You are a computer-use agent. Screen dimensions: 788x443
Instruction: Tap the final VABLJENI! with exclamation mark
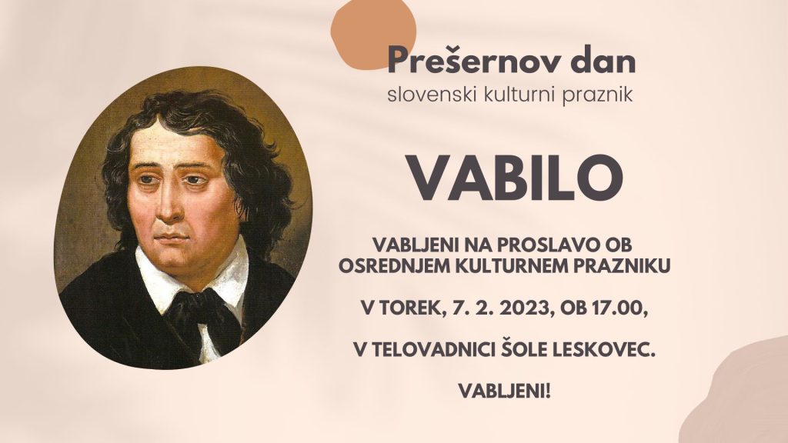[x=505, y=390]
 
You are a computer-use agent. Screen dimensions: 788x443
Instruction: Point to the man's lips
[x=170, y=238]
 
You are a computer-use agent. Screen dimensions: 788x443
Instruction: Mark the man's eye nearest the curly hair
[x=192, y=179]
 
